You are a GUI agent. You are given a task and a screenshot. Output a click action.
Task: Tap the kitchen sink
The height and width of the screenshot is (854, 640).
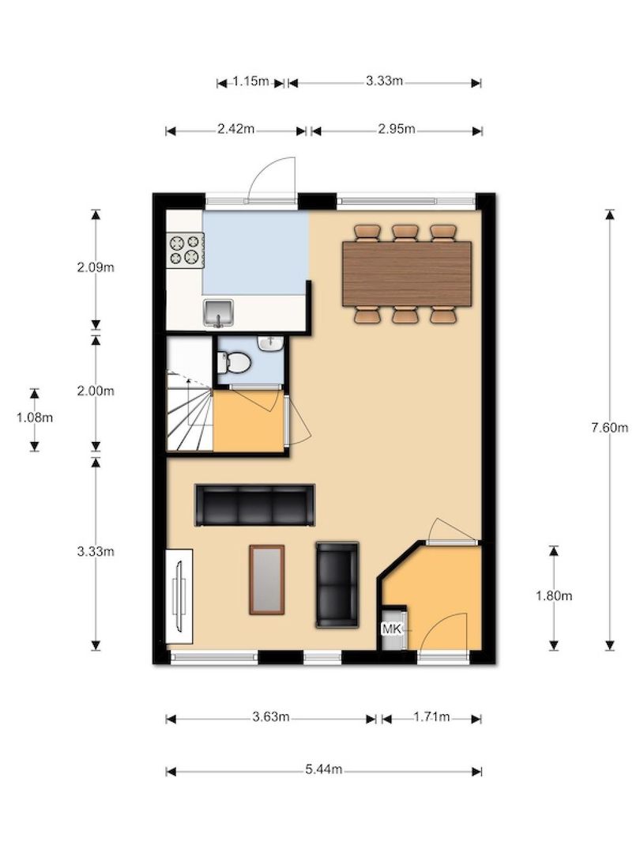[219, 313]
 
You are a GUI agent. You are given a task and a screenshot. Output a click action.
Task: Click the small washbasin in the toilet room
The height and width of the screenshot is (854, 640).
[269, 344]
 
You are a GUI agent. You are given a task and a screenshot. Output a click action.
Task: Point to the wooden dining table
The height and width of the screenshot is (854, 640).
[407, 274]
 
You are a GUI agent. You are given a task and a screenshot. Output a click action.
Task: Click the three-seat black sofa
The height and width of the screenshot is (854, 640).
[254, 504]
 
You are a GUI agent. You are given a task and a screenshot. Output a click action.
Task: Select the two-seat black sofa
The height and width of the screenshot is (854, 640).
[337, 584]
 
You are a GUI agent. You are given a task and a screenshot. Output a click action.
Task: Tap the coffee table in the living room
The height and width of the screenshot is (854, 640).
[267, 580]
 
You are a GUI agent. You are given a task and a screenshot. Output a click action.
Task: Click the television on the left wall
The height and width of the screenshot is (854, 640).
[179, 597]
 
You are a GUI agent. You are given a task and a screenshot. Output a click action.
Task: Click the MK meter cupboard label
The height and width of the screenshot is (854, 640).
[392, 629]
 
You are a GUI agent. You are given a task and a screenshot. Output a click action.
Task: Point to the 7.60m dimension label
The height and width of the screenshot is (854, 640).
[609, 428]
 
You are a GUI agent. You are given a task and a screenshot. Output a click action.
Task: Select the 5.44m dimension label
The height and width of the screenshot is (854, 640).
[324, 769]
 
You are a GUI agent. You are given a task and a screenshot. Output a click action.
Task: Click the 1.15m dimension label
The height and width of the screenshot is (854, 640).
[251, 81]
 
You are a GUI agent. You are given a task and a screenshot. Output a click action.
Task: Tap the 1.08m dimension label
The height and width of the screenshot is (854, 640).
[35, 418]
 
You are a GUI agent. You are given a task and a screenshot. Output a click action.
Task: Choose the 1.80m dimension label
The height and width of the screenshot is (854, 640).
[554, 596]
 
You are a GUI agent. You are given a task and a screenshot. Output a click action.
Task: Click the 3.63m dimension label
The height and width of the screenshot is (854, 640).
[270, 716]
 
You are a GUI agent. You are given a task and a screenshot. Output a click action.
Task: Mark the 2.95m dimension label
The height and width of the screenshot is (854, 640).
[397, 129]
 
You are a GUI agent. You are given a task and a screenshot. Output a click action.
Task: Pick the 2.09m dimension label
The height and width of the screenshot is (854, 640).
[96, 267]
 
